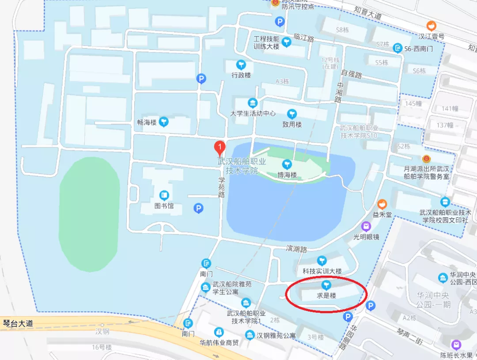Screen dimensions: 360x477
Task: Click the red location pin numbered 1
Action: click(220, 147)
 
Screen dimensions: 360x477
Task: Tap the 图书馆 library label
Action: click(164, 206)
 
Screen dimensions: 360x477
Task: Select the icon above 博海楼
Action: click(287, 164)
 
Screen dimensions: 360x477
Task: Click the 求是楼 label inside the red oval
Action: click(326, 296)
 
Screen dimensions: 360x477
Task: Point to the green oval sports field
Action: click(89, 214)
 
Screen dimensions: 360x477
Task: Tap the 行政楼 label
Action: click(241, 75)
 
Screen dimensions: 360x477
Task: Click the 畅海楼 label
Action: click(147, 122)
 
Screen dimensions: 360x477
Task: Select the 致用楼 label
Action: click(292, 124)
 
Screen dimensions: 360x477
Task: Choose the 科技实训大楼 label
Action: click(322, 271)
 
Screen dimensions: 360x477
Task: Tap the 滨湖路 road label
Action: click(296, 249)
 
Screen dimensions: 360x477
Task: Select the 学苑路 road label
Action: click(221, 187)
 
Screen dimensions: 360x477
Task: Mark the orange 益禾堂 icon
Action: click(382, 205)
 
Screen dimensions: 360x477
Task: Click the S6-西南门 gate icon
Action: click(398, 48)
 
